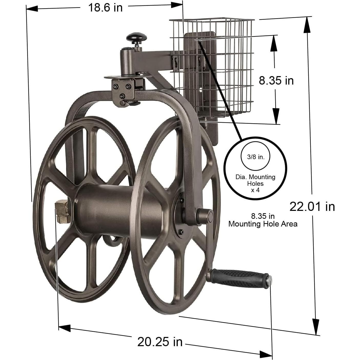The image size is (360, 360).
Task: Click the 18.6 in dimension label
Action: [x=105, y=7]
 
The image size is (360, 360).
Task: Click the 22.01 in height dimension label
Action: [x=312, y=207]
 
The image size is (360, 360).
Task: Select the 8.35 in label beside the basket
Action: [x=276, y=80]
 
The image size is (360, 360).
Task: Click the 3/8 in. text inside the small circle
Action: [x=255, y=157]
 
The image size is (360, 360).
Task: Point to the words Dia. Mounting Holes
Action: [x=255, y=180]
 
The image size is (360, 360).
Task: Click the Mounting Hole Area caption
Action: [x=263, y=224]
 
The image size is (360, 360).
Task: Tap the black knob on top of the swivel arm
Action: [x=137, y=37]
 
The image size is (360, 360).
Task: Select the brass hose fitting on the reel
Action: [x=62, y=212]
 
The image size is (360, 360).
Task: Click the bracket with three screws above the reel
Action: [x=123, y=91]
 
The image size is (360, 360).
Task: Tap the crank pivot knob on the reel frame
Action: [x=205, y=216]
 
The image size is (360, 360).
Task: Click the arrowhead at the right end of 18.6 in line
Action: [x=177, y=5]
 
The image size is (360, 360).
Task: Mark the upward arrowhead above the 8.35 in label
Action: [x=274, y=41]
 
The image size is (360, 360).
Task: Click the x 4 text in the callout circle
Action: [x=255, y=190]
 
